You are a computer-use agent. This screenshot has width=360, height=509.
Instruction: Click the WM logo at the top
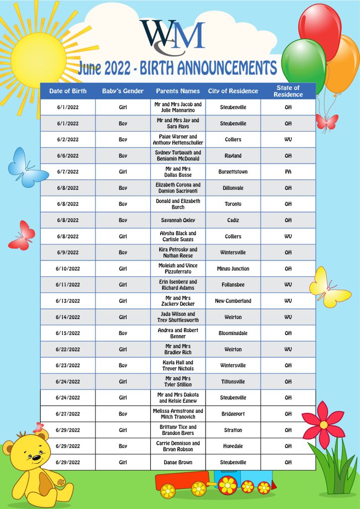coord(172,36)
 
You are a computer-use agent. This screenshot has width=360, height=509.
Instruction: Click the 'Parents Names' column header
coord(178,91)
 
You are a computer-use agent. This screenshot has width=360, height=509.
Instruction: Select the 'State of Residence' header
coord(288,91)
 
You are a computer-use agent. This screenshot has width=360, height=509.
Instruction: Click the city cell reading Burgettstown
coord(233,172)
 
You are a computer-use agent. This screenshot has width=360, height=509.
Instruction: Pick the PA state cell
coord(288,172)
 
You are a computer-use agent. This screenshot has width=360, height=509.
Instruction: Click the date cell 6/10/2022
coord(68,269)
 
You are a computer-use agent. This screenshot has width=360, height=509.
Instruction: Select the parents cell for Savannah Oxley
coord(178,220)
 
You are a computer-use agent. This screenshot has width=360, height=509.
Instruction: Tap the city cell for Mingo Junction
coord(233,269)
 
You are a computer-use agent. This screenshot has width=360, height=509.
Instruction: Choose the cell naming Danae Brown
coord(178,462)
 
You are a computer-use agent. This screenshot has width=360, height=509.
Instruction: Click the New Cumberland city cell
coord(233,301)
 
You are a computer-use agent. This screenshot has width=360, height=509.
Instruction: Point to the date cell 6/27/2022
coord(68,414)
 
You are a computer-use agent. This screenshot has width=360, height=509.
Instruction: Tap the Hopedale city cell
coord(233,446)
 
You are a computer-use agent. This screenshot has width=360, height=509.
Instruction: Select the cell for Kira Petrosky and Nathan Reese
coord(178,253)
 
